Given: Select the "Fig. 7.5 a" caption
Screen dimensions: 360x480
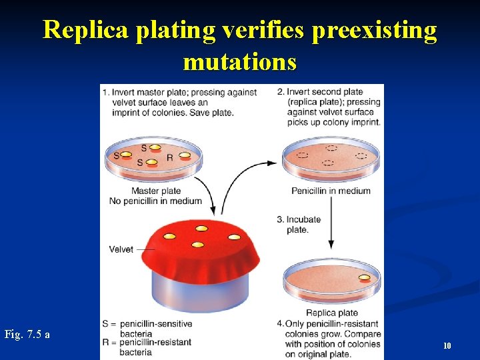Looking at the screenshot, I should click(27, 334).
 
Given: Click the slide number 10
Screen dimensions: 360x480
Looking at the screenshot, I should click(447, 345).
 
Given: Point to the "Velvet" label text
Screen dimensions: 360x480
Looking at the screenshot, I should click(121, 249).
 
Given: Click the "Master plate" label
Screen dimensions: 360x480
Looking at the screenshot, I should click(156, 191).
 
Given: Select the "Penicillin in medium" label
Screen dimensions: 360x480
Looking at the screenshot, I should click(331, 191).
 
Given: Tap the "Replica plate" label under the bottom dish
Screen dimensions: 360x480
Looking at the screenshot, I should click(331, 313).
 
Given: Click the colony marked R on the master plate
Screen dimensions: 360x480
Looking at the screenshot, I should click(185, 157).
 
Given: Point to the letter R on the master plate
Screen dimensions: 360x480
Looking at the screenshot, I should click(170, 158).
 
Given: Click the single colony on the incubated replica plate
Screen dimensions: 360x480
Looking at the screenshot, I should click(364, 278).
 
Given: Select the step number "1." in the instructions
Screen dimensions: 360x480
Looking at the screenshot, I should click(107, 92).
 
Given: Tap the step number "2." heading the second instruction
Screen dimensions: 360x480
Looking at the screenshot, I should click(281, 92).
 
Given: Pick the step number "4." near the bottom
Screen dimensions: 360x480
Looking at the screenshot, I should click(281, 323).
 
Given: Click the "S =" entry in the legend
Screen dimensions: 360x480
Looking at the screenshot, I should click(109, 324).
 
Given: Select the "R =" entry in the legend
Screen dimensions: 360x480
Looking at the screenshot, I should click(109, 343).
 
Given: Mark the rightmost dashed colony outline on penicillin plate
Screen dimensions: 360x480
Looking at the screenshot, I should click(361, 156).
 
